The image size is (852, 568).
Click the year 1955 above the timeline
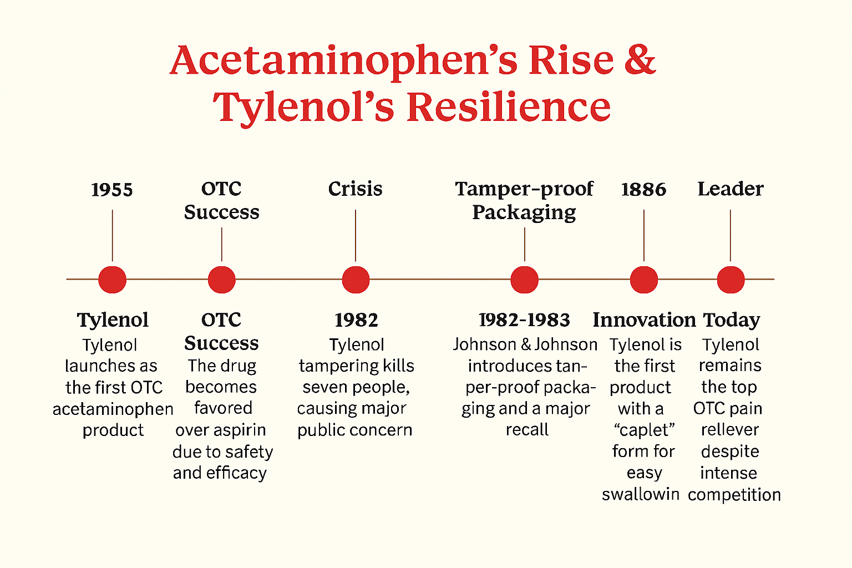pyautogui.click(x=112, y=190)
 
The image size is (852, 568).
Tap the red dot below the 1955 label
pyautogui.click(x=112, y=280)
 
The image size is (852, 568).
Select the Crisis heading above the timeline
pyautogui.click(x=355, y=189)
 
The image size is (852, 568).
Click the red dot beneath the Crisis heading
pyautogui.click(x=356, y=280)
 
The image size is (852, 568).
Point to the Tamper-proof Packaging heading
pyautogui.click(x=524, y=200)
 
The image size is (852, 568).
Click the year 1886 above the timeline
pyautogui.click(x=643, y=190)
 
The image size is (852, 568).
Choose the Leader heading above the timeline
pyautogui.click(x=730, y=189)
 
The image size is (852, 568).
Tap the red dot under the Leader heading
pyautogui.click(x=731, y=280)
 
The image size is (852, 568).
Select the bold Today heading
pyautogui.click(x=731, y=320)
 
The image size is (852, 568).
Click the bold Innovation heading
pyautogui.click(x=644, y=320)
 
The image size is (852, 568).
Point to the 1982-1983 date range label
pyautogui.click(x=524, y=320)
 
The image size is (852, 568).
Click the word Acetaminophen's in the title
pyautogui.click(x=344, y=60)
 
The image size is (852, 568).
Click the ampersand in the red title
pyautogui.click(x=640, y=60)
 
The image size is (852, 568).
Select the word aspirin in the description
pyautogui.click(x=240, y=430)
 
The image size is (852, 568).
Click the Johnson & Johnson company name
pyautogui.click(x=525, y=344)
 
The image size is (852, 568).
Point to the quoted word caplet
pyautogui.click(x=644, y=430)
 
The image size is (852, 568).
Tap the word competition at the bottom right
pyautogui.click(x=734, y=495)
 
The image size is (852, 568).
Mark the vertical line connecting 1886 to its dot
pyautogui.click(x=643, y=235)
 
